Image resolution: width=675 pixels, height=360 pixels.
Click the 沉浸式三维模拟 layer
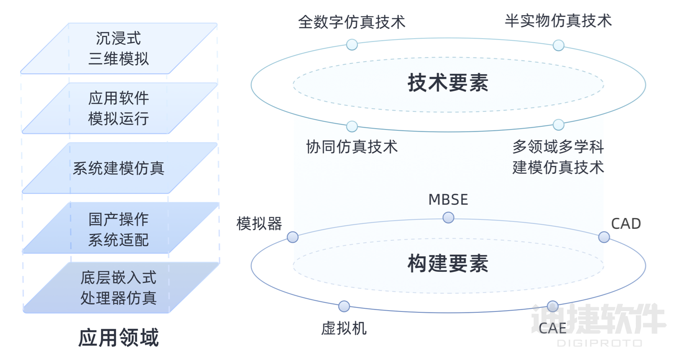click(119, 49)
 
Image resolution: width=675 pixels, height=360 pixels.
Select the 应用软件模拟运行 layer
click(119, 108)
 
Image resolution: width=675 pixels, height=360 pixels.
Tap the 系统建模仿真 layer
click(119, 168)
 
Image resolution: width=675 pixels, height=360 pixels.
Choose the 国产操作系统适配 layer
click(119, 228)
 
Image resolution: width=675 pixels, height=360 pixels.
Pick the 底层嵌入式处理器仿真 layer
click(119, 288)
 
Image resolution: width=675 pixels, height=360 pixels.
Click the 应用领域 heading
click(119, 338)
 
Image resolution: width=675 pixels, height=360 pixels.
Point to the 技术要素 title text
click(448, 83)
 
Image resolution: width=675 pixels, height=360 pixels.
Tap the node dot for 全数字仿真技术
click(352, 44)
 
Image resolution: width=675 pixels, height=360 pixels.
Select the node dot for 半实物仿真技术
click(558, 45)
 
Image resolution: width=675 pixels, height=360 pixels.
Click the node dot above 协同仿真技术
click(352, 126)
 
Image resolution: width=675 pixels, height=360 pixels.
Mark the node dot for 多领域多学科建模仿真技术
click(558, 124)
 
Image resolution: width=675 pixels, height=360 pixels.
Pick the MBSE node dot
click(448, 218)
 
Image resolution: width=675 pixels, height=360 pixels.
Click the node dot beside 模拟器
click(292, 237)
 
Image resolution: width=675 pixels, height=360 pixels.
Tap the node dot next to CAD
click(604, 237)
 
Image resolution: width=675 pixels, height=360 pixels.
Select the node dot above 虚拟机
click(344, 306)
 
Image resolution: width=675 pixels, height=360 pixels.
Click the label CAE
click(553, 328)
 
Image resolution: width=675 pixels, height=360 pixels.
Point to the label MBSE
click(448, 199)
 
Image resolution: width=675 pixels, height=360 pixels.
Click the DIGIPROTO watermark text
click(599, 343)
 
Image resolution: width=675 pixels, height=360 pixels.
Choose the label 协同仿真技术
click(352, 147)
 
